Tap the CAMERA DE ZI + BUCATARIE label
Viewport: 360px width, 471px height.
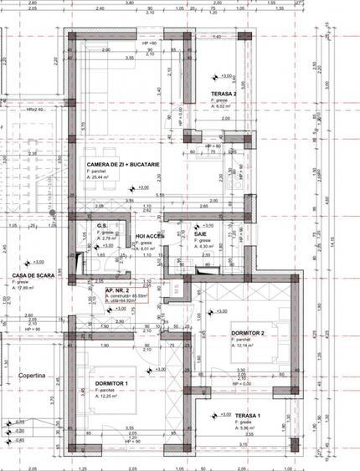coord(116,166)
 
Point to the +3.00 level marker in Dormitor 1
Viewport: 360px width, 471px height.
coord(160,369)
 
